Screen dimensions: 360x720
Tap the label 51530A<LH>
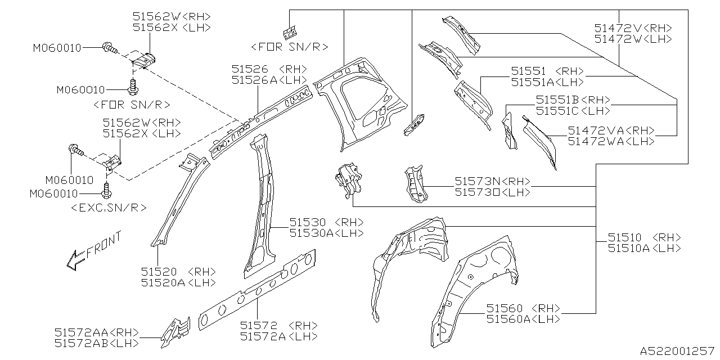326,233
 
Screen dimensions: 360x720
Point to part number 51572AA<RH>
97,332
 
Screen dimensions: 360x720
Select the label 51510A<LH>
644,248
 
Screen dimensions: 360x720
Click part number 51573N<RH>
493,181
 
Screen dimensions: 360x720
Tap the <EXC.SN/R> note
109,208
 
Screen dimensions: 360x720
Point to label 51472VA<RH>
611,130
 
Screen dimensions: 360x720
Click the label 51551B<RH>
573,100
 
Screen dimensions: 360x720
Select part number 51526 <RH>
269,69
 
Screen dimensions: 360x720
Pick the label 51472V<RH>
633,28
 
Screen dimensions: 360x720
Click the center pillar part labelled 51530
262,208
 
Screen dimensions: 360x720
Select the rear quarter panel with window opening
360,101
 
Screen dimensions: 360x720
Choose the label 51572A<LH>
278,336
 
